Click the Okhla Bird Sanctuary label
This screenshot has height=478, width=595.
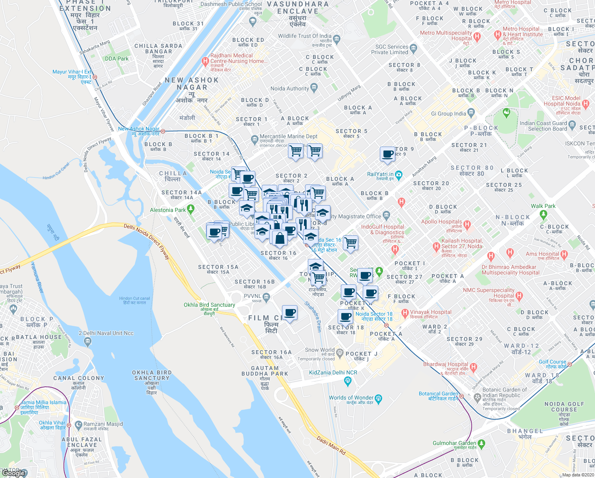point(209,305)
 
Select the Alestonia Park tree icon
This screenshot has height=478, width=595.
point(191,209)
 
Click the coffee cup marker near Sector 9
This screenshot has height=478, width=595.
point(387,154)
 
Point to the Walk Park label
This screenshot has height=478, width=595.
point(543,206)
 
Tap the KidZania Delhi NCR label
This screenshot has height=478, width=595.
point(333,373)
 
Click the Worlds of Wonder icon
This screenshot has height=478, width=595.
point(378,398)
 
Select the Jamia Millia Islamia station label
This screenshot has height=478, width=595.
point(43,405)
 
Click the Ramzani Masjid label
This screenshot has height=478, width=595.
point(103,424)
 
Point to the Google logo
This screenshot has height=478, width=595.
point(14,473)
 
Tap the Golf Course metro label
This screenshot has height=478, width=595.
point(552,364)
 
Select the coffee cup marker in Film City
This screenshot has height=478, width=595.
point(290,313)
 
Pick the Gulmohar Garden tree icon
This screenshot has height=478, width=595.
point(481,443)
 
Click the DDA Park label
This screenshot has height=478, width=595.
point(117,59)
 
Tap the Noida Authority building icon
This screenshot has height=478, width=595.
point(314,87)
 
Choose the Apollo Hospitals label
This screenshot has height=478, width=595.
point(441,222)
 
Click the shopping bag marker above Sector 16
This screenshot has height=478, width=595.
point(280,238)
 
